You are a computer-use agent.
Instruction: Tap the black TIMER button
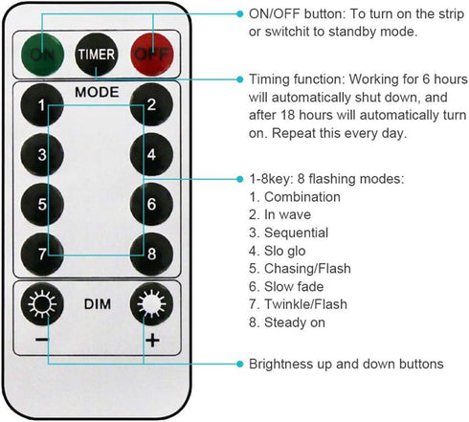pyautogui.click(x=97, y=55)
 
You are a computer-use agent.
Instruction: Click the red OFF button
pyautogui.click(x=152, y=55)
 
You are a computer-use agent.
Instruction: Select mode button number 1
pyautogui.click(x=42, y=104)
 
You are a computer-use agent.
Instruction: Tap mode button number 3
pyautogui.click(x=42, y=154)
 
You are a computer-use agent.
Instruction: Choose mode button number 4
pyautogui.click(x=151, y=154)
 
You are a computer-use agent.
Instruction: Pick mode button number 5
pyautogui.click(x=42, y=204)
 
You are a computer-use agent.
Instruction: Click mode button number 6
pyautogui.click(x=151, y=204)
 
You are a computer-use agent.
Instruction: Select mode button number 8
pyautogui.click(x=151, y=254)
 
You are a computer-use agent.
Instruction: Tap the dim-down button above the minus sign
pyautogui.click(x=42, y=303)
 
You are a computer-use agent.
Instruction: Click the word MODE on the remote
pyautogui.click(x=97, y=92)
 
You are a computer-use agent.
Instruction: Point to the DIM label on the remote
pyautogui.click(x=98, y=304)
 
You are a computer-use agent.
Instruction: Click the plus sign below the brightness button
pyautogui.click(x=152, y=340)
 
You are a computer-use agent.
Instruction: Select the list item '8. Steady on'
pyautogui.click(x=287, y=322)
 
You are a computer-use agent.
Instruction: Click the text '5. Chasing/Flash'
pyautogui.click(x=300, y=269)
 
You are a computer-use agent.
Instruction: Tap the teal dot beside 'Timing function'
pyautogui.click(x=240, y=79)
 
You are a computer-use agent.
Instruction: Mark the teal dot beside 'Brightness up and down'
pyautogui.click(x=240, y=364)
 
